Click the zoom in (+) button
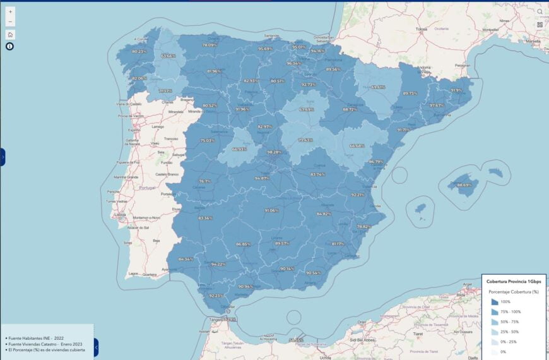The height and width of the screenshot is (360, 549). pos(10,12)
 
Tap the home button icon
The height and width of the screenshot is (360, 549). pos(10,35)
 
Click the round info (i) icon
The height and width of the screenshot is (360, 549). pos(10,46)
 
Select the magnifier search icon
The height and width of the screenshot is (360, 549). pos(540,11)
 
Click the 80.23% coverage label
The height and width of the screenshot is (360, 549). pos(139,51)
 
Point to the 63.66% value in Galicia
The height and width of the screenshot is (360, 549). pos(168,56)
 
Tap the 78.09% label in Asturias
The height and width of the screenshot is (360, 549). pos(210,45)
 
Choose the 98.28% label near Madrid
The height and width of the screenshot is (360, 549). pos(274,152)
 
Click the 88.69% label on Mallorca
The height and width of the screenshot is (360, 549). pos(463,185)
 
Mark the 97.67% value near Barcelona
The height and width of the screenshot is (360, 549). pos(437,105)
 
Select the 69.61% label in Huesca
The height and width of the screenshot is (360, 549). pos(378,87)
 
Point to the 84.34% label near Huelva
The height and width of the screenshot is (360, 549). pos(186,259)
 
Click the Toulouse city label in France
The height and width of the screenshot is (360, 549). pos(422,29)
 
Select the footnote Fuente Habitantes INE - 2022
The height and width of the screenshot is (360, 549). pos(36,338)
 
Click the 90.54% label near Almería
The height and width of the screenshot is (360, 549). pos(313,273)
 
